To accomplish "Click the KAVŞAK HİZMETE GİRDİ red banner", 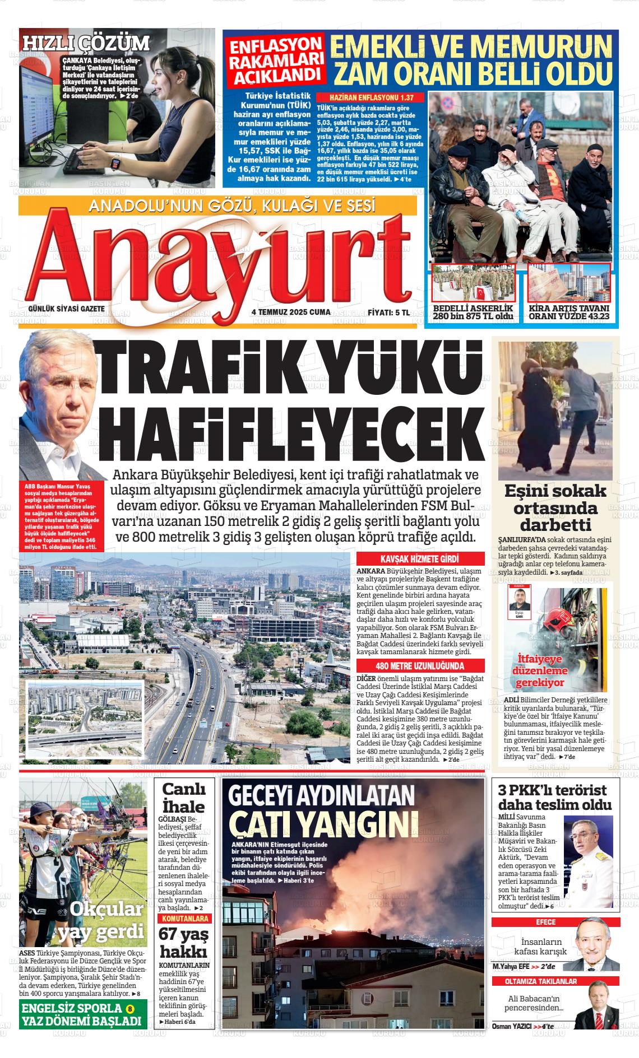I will pyautogui.click(x=420, y=559).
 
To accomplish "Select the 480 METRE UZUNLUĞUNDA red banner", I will pyautogui.click(x=420, y=666).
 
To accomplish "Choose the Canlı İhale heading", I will pyautogui.click(x=183, y=798).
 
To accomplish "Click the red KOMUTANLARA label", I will pyautogui.click(x=184, y=919).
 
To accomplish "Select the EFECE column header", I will pyautogui.click(x=546, y=922).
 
